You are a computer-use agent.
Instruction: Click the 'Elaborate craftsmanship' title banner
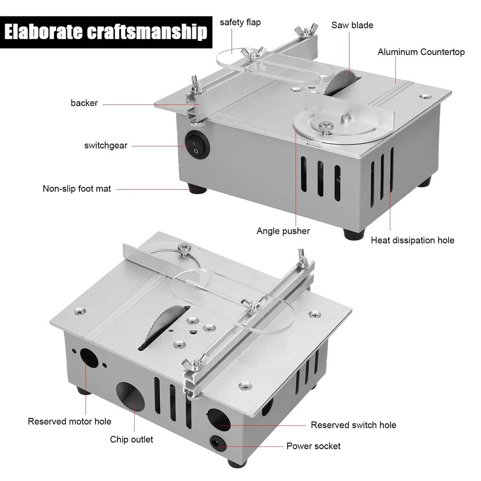pyautogui.click(x=106, y=32)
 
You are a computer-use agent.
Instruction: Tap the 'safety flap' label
pyautogui.click(x=240, y=23)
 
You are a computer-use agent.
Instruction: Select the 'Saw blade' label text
pyautogui.click(x=352, y=25)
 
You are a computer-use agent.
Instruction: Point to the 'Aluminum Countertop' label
pyautogui.click(x=421, y=52)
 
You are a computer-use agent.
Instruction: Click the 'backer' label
pyautogui.click(x=84, y=103)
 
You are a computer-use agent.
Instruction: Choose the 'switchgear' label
pyautogui.click(x=105, y=145)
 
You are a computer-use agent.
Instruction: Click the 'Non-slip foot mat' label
pyautogui.click(x=76, y=189)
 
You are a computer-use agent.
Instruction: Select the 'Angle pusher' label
pyautogui.click(x=283, y=231)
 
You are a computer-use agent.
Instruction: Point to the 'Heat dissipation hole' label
pyautogui.click(x=413, y=240)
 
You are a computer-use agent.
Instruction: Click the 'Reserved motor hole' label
pyautogui.click(x=69, y=421)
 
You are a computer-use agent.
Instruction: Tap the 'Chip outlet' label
pyautogui.click(x=131, y=439)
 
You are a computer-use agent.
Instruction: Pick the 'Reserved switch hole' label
pyautogui.click(x=354, y=425)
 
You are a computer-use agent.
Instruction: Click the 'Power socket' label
pyautogui.click(x=313, y=446)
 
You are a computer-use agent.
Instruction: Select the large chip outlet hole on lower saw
pyautogui.click(x=130, y=398)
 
